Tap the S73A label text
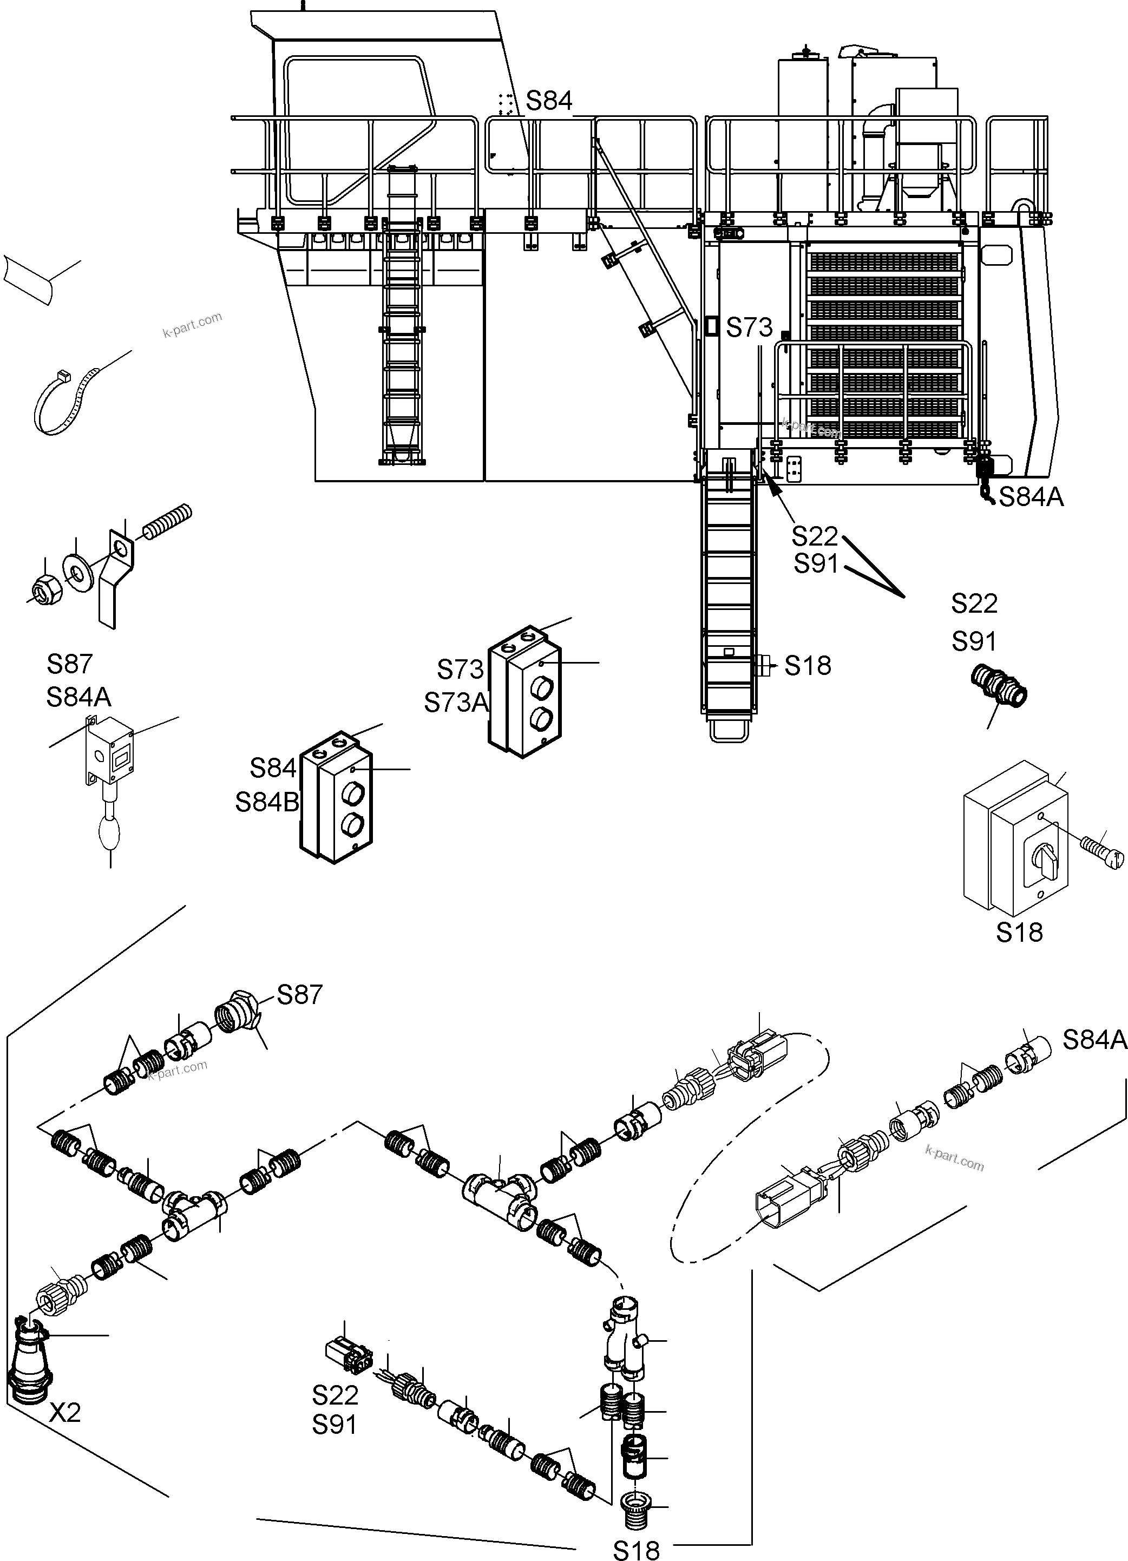456,703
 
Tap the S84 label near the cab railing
548,101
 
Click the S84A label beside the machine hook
1030,497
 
